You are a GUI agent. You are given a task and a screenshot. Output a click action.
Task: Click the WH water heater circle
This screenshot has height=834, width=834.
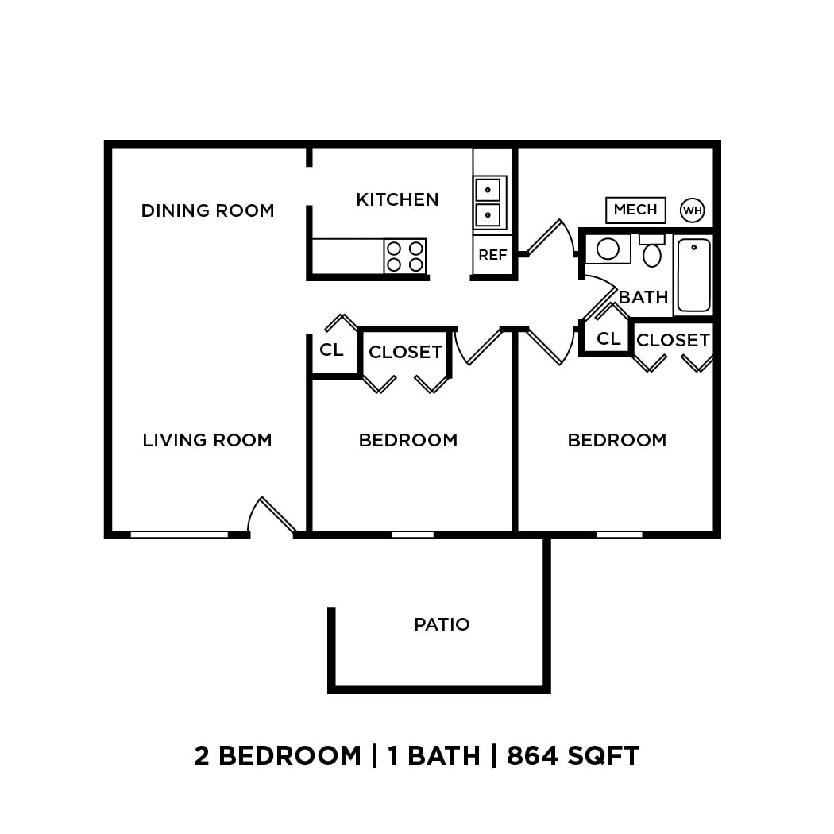point(693,210)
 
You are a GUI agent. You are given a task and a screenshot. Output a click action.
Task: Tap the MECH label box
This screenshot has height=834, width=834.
point(635,210)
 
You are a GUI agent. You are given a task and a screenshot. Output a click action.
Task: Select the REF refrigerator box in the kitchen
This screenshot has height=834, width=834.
point(492,255)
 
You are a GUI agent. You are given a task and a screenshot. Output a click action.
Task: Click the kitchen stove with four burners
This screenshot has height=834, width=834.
point(405,256)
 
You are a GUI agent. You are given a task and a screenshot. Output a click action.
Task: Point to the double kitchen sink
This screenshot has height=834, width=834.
point(488,202)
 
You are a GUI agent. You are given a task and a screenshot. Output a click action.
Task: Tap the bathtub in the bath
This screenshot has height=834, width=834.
point(693,275)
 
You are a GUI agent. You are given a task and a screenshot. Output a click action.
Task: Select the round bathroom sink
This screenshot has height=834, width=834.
point(608,249)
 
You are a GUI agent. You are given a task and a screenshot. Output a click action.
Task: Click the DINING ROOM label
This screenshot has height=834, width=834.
point(207,210)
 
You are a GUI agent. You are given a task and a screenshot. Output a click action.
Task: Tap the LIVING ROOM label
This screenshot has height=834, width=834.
point(207,440)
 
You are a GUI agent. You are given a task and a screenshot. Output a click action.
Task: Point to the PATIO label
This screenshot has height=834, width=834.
point(442,624)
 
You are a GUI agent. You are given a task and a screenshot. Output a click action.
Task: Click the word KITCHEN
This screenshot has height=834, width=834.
point(397,199)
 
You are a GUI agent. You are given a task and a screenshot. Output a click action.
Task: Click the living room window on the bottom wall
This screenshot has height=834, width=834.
point(180,535)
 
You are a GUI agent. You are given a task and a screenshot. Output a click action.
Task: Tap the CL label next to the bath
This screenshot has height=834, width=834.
point(608,338)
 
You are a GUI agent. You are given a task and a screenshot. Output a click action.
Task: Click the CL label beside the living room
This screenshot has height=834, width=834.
point(331,349)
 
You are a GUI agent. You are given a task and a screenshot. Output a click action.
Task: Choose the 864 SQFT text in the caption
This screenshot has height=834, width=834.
point(573,755)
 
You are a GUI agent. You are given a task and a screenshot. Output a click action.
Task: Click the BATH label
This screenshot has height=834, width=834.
point(643,297)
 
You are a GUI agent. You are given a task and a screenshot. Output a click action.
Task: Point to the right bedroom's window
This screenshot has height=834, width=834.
point(619,535)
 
